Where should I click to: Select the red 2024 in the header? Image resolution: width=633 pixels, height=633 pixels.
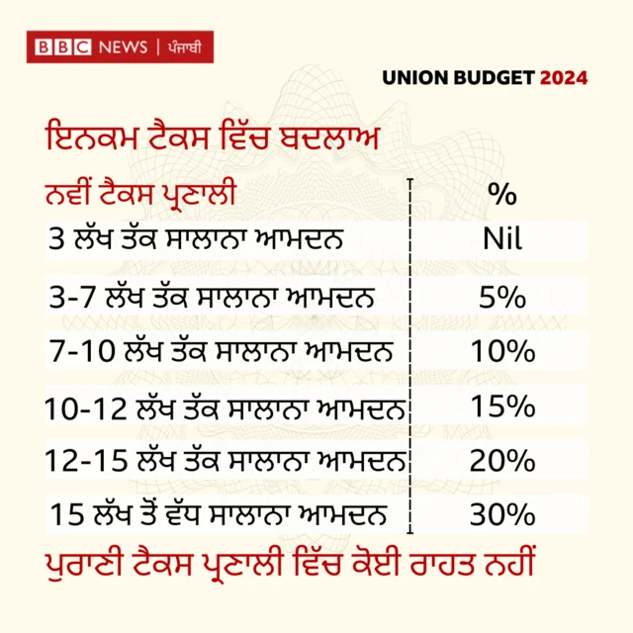click(564, 77)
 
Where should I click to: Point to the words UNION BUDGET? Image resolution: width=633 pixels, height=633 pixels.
click(459, 77)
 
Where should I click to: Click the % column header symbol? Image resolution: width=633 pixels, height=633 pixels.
click(501, 195)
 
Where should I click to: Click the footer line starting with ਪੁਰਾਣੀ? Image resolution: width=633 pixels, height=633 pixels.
click(290, 569)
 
